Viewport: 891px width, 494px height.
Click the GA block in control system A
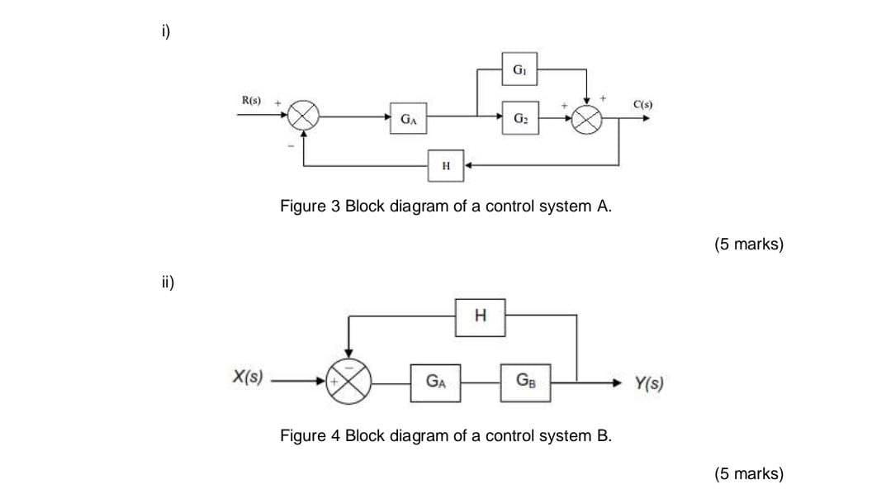[408, 118]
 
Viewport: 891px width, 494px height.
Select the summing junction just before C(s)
[586, 118]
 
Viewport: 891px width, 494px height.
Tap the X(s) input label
[245, 378]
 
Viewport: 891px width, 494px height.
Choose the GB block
[525, 381]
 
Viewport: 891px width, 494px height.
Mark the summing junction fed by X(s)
[350, 382]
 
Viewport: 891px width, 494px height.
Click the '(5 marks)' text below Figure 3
[748, 244]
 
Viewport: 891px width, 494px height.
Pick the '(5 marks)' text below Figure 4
[748, 473]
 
